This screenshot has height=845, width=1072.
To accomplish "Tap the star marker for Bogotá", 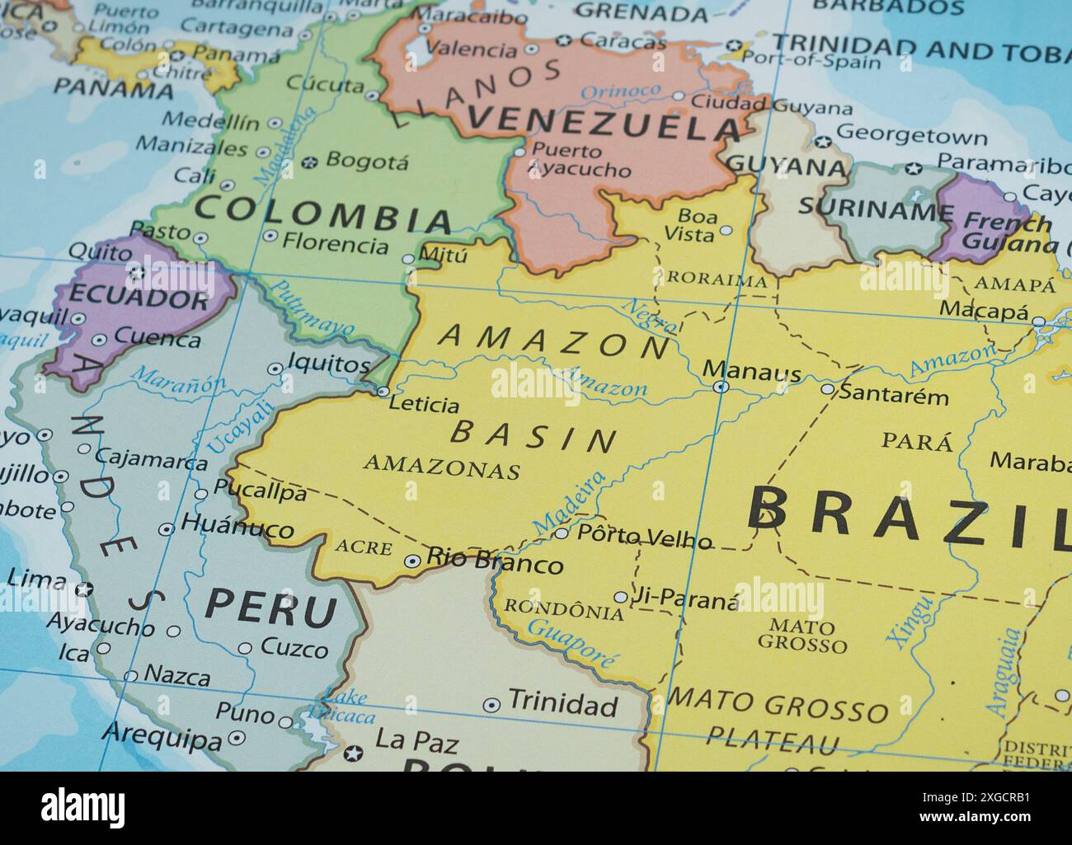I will coord(310,162).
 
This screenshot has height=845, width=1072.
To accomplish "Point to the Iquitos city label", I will coord(329,364).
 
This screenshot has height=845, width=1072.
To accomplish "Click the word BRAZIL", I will coord(907,514).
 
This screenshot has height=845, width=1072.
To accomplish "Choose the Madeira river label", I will coord(569,503).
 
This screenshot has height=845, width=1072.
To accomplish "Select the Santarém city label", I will coord(894,397).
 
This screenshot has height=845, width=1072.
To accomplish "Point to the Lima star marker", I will coord(83,589).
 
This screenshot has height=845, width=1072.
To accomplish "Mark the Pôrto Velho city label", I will coord(644,538).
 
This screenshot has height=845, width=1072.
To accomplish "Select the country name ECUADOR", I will coord(139,298).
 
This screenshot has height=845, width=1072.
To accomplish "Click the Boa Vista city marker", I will coord(726,230).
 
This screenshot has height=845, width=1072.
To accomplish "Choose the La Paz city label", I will coord(416,742).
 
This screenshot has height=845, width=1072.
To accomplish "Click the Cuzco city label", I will coord(294,649).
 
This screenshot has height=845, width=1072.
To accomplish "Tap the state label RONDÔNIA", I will coord(563,610).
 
